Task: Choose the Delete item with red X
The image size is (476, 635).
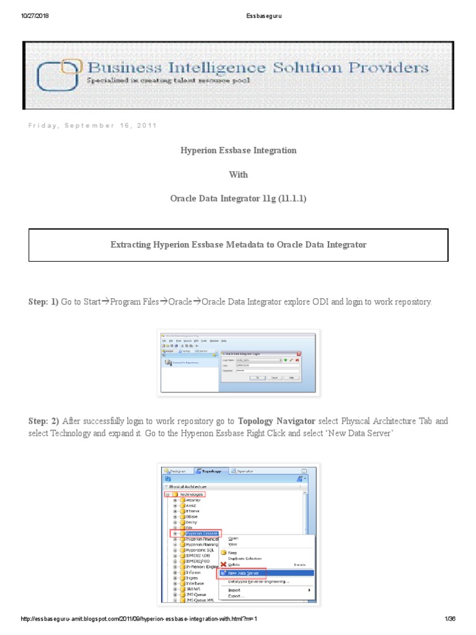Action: pos(234,564)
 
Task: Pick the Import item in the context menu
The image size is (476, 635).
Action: pos(234,590)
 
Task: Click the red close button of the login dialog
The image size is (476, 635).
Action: pos(299,353)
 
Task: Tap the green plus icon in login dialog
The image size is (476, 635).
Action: pos(285,360)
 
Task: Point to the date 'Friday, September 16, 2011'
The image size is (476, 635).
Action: pos(92,125)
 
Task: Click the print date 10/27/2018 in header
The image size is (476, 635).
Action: pos(35,16)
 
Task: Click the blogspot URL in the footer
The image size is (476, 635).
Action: pos(139,619)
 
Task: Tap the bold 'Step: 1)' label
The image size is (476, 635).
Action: pos(43,302)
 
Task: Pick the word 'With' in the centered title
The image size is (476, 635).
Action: pos(239,175)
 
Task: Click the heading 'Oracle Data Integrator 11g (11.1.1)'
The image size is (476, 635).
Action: pos(239,198)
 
